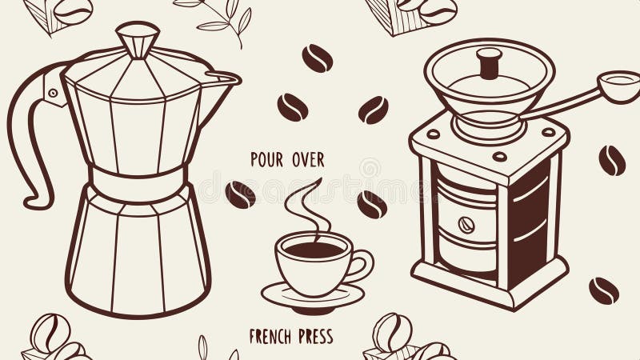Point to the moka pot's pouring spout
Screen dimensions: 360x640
pos(227,78)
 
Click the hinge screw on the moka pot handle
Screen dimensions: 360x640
pos(53,93)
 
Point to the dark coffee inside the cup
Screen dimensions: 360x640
pos(314,249)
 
